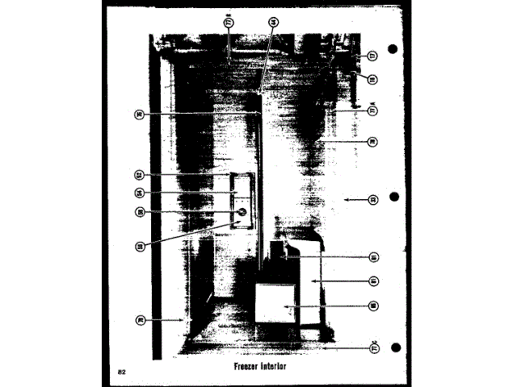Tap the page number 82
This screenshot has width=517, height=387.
click(x=121, y=371)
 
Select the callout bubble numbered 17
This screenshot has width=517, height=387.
click(x=372, y=56)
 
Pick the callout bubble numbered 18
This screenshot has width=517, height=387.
click(x=372, y=80)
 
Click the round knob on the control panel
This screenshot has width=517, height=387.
click(x=240, y=213)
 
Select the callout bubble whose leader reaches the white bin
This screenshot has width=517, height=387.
click(x=373, y=306)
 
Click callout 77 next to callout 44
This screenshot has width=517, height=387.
click(x=229, y=25)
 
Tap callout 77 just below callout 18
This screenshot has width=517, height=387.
click(x=373, y=110)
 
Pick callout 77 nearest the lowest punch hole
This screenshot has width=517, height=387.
click(x=373, y=348)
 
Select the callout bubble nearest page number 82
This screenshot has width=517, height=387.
click(x=140, y=319)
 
